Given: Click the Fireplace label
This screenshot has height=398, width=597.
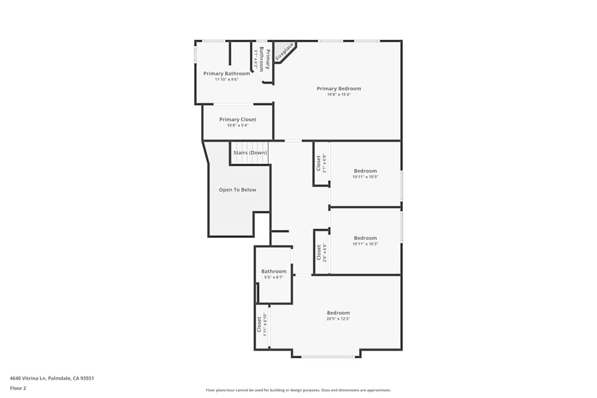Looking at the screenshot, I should pos(284,51).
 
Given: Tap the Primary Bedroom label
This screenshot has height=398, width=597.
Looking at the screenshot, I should pos(338,88).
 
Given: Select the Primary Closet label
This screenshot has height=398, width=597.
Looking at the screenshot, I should pos(238,119).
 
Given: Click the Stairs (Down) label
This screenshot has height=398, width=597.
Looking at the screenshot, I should pos(250,153).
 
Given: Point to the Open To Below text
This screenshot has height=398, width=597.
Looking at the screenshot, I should pos(238,190).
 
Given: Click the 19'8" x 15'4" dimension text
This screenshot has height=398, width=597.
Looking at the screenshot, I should pos(338,94).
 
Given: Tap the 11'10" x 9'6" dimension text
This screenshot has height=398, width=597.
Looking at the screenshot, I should pos(226,79).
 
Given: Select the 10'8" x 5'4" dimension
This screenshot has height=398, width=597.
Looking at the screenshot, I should pos(238,125).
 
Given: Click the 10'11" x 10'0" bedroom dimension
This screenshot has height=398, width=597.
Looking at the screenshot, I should pos(365,177).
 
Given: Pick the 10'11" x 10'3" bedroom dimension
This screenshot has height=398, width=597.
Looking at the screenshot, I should pos(365,243).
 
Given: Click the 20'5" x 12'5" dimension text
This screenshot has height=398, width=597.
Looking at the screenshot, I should pos(338,319).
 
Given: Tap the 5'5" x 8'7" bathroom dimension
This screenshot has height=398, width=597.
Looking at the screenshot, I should pos(273,277).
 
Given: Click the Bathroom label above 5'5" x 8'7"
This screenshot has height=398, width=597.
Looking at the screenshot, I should pos(273,271).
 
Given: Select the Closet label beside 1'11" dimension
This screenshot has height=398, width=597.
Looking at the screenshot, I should pos(259,324).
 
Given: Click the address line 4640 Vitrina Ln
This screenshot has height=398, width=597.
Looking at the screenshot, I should pos(52,378).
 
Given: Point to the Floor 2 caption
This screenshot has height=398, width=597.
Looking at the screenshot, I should pos(18,388).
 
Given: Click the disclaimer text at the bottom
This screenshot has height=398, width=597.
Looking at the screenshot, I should pos(298,390).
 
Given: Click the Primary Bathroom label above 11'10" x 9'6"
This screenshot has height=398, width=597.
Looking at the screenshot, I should pos(226,73).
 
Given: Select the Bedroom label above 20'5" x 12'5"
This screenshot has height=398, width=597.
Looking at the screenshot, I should pos(338,313).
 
